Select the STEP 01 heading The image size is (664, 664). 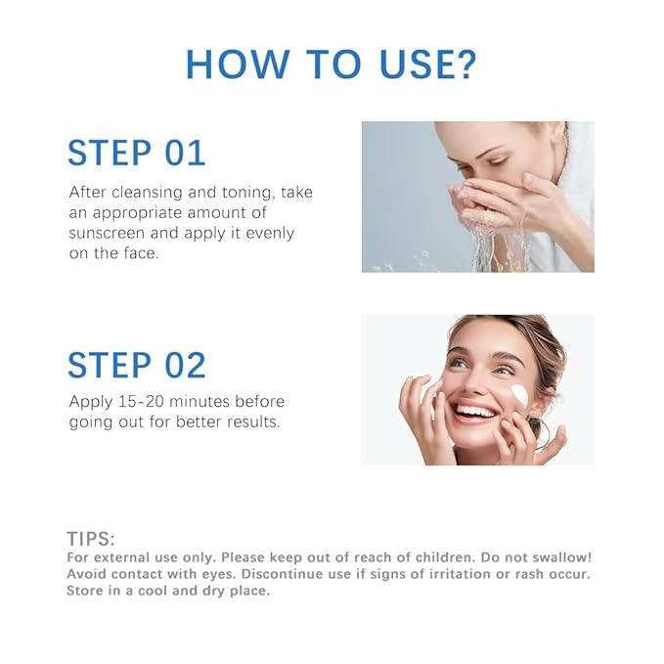coord(137,154)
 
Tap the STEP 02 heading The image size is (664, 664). coord(137,365)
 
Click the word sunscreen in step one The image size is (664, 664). coord(110,234)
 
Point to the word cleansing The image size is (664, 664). coord(153,193)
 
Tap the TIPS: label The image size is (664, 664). coord(91,539)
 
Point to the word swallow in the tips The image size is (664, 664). coord(559,556)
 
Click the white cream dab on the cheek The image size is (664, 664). coord(518,397)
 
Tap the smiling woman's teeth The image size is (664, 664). coord(476,411)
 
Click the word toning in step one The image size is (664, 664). coord(249,193)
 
